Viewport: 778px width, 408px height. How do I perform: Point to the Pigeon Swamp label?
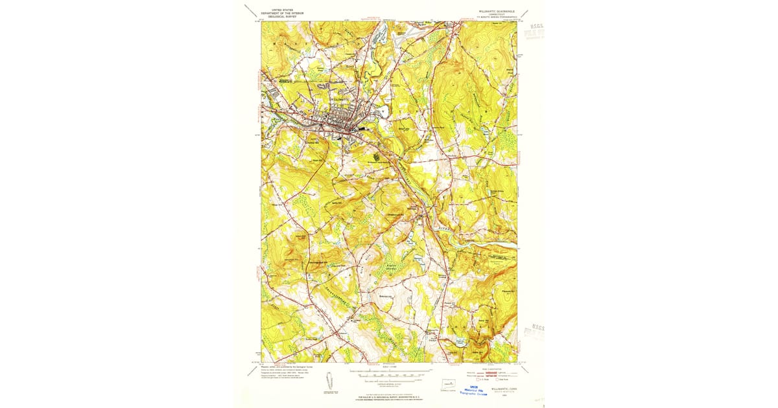coord(392,266)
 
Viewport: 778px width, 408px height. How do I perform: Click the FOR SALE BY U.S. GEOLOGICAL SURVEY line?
coord(389,396)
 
